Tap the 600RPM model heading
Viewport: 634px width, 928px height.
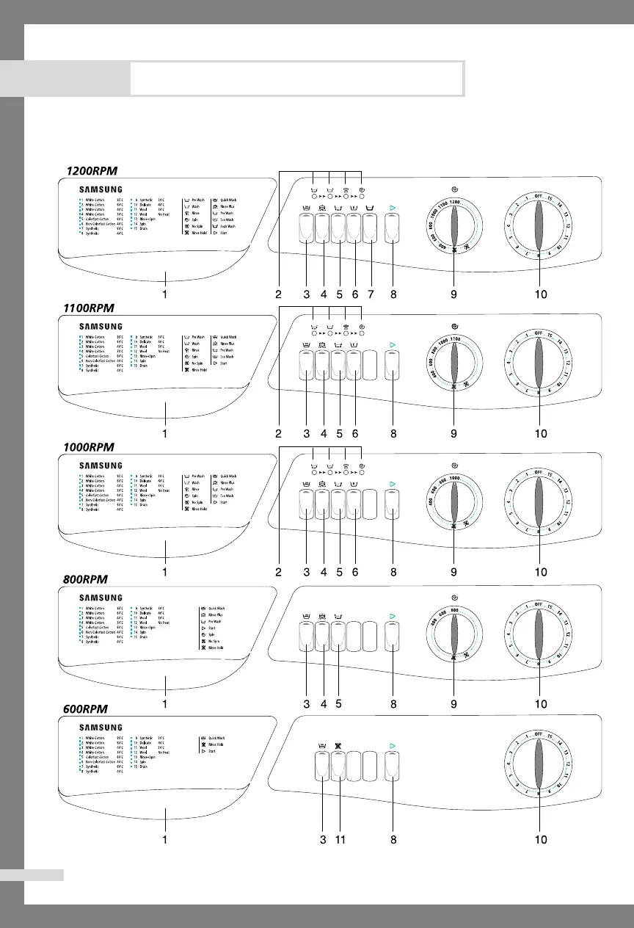pyautogui.click(x=83, y=711)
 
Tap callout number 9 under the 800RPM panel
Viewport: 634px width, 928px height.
pyautogui.click(x=454, y=704)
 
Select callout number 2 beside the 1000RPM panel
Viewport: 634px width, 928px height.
pyautogui.click(x=278, y=572)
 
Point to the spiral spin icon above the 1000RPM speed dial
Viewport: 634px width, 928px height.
pyautogui.click(x=455, y=465)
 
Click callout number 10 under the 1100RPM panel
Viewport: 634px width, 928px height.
pyautogui.click(x=540, y=434)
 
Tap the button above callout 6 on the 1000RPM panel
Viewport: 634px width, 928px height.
pyautogui.click(x=355, y=504)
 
